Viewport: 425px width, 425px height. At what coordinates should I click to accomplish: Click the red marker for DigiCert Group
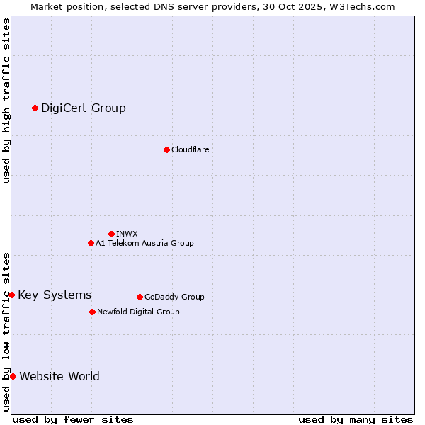click(35, 108)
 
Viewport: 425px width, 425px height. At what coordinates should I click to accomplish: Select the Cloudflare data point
click(166, 149)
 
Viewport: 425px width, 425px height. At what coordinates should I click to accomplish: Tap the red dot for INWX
click(111, 234)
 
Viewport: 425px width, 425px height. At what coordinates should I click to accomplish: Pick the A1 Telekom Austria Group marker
click(91, 243)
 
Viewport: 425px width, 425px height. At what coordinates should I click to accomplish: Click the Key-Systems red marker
click(12, 295)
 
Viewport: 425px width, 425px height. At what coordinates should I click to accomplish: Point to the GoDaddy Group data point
click(140, 297)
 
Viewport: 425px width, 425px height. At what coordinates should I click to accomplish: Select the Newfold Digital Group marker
click(92, 312)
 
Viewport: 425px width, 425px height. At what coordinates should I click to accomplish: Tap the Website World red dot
click(13, 376)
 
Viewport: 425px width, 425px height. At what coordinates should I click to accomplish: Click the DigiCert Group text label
click(84, 108)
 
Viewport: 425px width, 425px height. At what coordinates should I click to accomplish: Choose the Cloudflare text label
click(190, 149)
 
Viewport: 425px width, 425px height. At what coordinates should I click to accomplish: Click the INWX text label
click(127, 234)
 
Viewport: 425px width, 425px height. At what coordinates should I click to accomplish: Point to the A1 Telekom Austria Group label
click(144, 243)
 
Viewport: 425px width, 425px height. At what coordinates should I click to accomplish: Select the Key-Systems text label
click(55, 295)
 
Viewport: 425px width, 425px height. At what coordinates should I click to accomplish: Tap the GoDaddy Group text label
click(174, 297)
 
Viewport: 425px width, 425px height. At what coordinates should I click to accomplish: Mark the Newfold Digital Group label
click(138, 312)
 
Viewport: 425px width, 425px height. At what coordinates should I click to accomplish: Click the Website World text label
click(59, 376)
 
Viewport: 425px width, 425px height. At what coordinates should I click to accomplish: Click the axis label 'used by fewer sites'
click(73, 419)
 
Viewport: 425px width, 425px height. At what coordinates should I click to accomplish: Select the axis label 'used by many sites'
click(356, 419)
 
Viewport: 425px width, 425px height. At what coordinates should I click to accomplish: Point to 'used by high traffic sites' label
click(6, 101)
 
